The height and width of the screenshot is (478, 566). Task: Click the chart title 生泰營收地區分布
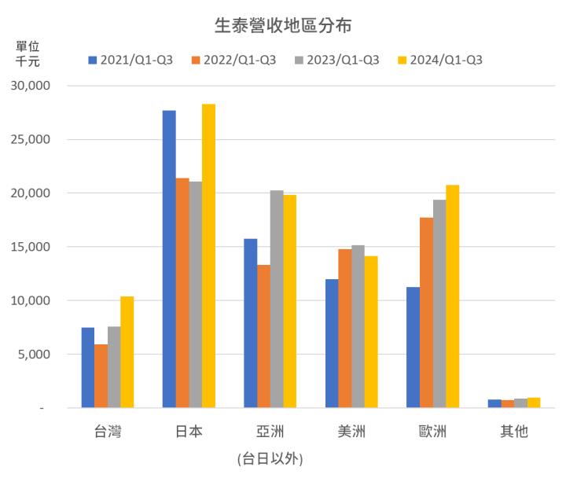click(x=283, y=25)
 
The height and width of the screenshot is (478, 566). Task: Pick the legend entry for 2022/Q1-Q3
click(x=233, y=61)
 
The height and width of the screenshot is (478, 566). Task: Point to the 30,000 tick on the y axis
click(x=34, y=86)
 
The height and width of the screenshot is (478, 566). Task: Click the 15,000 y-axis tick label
click(x=34, y=247)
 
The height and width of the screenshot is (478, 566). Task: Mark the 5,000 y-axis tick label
click(x=37, y=355)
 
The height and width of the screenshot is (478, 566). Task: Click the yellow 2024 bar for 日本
click(x=208, y=256)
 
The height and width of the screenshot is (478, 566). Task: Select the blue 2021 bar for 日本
click(x=169, y=259)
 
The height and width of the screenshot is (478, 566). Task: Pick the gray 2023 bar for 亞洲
click(x=277, y=299)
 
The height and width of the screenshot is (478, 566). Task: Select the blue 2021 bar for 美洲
click(x=332, y=344)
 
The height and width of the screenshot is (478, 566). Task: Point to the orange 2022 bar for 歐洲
click(x=426, y=313)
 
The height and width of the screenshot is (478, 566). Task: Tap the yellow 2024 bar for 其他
click(x=534, y=403)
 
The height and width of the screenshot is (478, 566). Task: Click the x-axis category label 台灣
click(x=108, y=432)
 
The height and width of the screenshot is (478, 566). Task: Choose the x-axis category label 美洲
click(x=351, y=432)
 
